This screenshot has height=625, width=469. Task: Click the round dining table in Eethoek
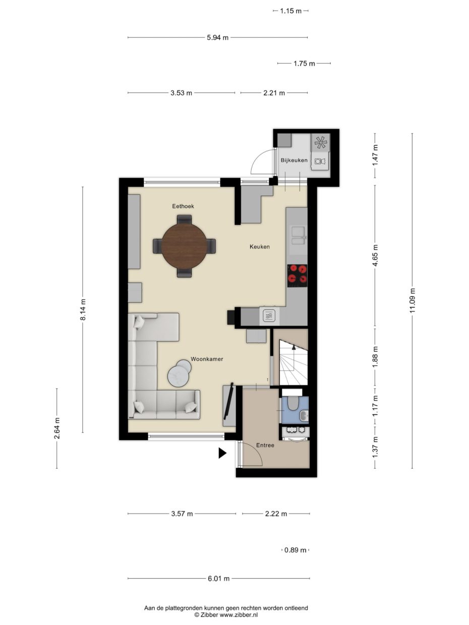[x=184, y=245]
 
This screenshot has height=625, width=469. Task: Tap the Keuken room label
[x=260, y=246]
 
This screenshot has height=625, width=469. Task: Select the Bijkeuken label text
[x=294, y=160]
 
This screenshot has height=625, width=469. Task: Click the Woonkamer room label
[x=207, y=359]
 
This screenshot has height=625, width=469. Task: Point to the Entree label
[x=265, y=445]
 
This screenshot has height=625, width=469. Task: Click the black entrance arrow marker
[x=222, y=453]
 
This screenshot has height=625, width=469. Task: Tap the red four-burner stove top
[x=297, y=275]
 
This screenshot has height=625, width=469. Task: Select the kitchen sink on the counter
[x=299, y=234]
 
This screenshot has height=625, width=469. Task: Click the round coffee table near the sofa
[x=180, y=373]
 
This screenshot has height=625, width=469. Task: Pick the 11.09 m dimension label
[x=413, y=300]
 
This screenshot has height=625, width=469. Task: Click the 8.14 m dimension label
[x=83, y=309]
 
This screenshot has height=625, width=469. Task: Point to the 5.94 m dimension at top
[x=218, y=37]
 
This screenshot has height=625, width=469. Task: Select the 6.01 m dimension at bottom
[x=219, y=579]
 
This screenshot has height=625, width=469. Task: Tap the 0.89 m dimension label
[x=295, y=550]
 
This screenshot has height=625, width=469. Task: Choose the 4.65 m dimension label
[x=375, y=255]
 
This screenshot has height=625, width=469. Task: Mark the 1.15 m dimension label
[x=290, y=10]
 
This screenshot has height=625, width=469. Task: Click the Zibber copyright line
[x=226, y=615]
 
